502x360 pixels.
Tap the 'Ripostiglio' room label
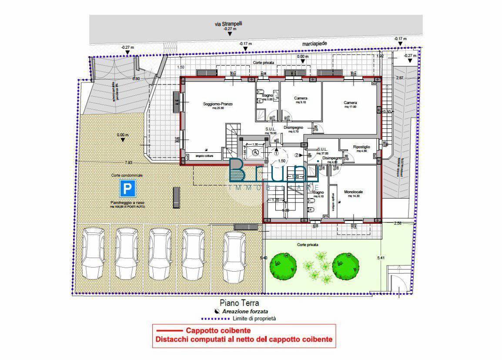click(x=361, y=147)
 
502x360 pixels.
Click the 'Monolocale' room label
click(x=354, y=192)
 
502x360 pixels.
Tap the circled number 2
click(x=298, y=155)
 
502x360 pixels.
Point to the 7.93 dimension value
click(x=128, y=162)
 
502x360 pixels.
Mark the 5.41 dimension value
click(x=382, y=258)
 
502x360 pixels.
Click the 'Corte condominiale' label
click(x=127, y=175)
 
